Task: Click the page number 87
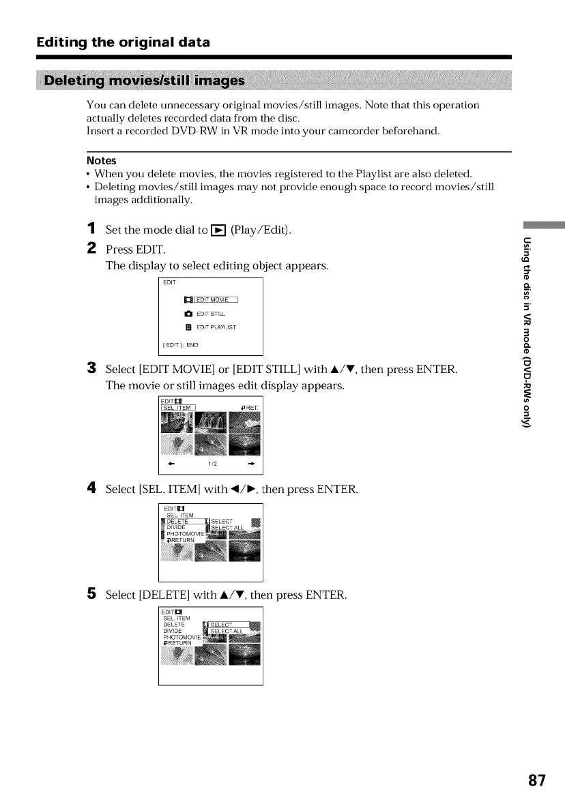pyautogui.click(x=536, y=779)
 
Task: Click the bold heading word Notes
pyautogui.click(x=101, y=161)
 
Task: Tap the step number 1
pyautogui.click(x=91, y=230)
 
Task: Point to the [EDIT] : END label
pyautogui.click(x=180, y=344)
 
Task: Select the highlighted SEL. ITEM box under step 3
pyautogui.click(x=178, y=408)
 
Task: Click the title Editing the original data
pyautogui.click(x=123, y=42)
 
